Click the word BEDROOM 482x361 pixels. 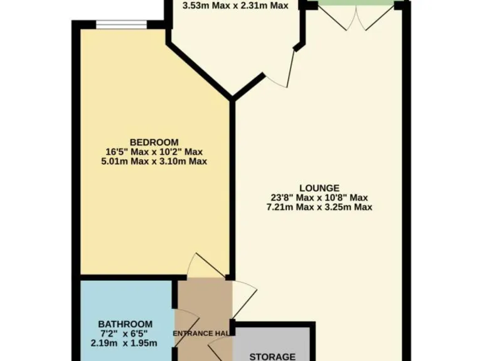click(154, 142)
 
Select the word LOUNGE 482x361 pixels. click(319, 187)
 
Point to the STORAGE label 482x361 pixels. click(272, 356)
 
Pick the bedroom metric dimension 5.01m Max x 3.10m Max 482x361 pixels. click(154, 161)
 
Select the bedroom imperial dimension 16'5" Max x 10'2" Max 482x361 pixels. click(154, 152)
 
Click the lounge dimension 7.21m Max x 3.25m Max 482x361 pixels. click(319, 207)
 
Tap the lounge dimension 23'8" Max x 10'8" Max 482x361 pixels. click(319, 197)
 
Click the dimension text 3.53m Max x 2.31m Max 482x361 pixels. click(235, 6)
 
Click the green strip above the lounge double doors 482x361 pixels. click(356, 4)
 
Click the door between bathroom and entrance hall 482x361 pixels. click(179, 321)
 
